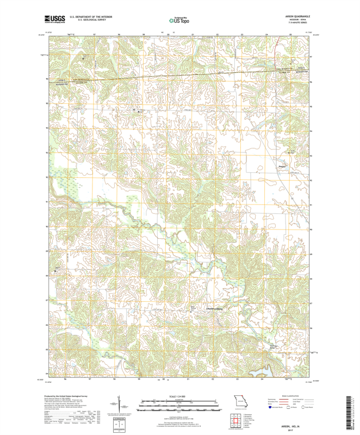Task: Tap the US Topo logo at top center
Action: tap(179, 20)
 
